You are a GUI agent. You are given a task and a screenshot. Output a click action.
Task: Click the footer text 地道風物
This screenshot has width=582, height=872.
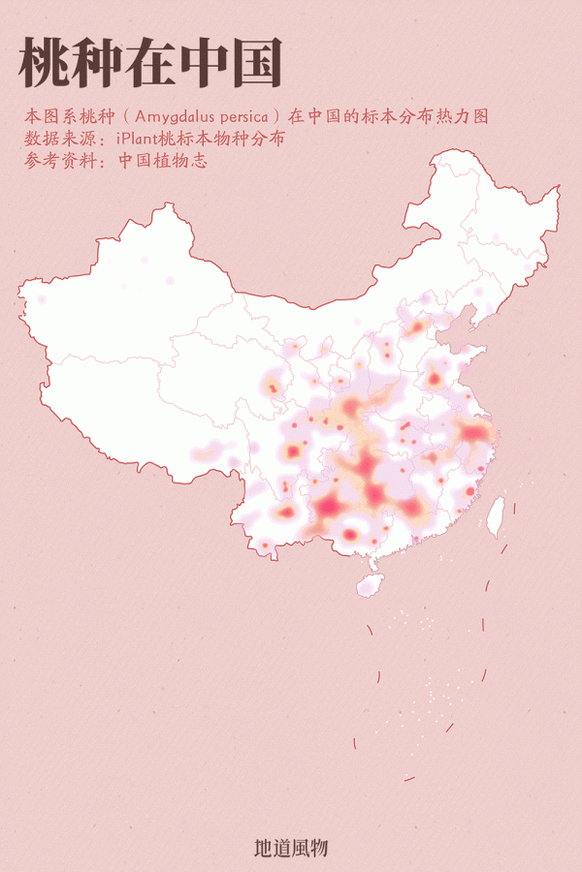(x=291, y=848)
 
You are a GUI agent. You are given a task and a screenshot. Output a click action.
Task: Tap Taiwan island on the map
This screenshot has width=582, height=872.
(x=495, y=516)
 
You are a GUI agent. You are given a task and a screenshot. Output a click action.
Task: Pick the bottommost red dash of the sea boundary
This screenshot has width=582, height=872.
(x=409, y=778)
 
